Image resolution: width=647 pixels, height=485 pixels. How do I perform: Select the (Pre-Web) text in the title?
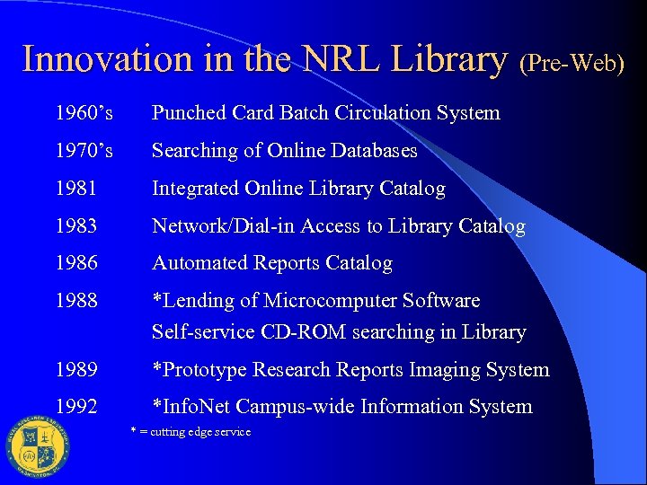pyautogui.click(x=572, y=63)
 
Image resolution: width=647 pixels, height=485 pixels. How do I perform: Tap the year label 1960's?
pyautogui.click(x=84, y=113)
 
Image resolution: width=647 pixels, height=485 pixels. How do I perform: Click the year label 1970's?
pyautogui.click(x=84, y=151)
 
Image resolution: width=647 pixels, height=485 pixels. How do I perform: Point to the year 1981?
pyautogui.click(x=76, y=189)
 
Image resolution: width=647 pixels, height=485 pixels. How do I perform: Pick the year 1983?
pyautogui.click(x=76, y=226)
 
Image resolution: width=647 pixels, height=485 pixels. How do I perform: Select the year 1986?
pyautogui.click(x=76, y=263)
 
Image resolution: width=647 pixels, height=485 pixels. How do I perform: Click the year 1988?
pyautogui.click(x=76, y=301)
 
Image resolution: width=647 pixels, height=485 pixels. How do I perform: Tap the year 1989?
pyautogui.click(x=76, y=370)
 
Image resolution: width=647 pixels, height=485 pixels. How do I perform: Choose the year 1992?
pyautogui.click(x=76, y=407)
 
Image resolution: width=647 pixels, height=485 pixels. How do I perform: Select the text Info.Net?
pyautogui.click(x=197, y=407)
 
